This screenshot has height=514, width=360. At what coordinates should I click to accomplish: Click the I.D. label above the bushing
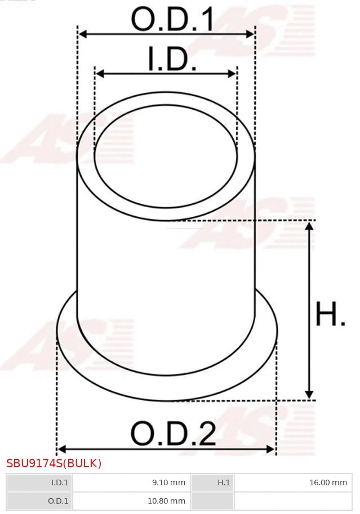tap(172, 60)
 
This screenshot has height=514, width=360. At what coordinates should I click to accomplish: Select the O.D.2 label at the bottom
tap(174, 434)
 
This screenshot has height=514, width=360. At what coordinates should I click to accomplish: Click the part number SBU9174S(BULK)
tap(54, 463)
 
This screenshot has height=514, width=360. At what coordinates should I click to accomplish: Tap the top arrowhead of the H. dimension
tap(309, 226)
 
